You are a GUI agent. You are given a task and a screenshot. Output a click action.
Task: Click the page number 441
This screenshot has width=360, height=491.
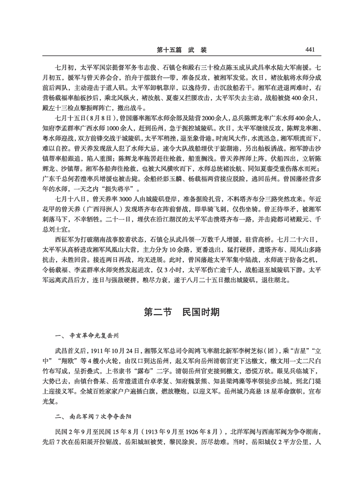[311, 49]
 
